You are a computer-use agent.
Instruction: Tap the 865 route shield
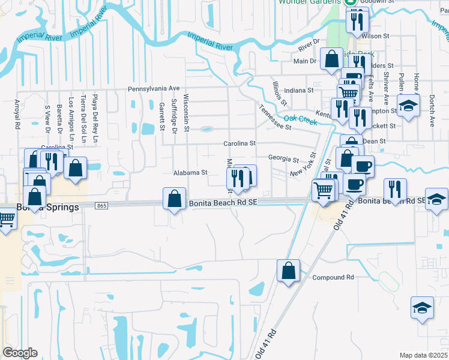tap(101, 206)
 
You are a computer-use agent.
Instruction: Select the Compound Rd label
tap(333, 277)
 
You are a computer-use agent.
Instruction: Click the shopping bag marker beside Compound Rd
tap(289, 271)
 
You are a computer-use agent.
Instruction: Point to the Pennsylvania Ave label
tap(154, 88)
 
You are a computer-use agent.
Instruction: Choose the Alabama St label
tap(190, 172)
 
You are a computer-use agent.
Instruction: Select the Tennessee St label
tap(275, 118)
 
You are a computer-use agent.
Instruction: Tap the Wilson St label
tap(376, 36)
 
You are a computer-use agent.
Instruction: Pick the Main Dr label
tap(305, 61)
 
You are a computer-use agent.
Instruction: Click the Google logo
tap(20, 353)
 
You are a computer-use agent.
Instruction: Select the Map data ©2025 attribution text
tap(423, 355)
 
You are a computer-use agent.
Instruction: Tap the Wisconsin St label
tap(187, 110)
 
